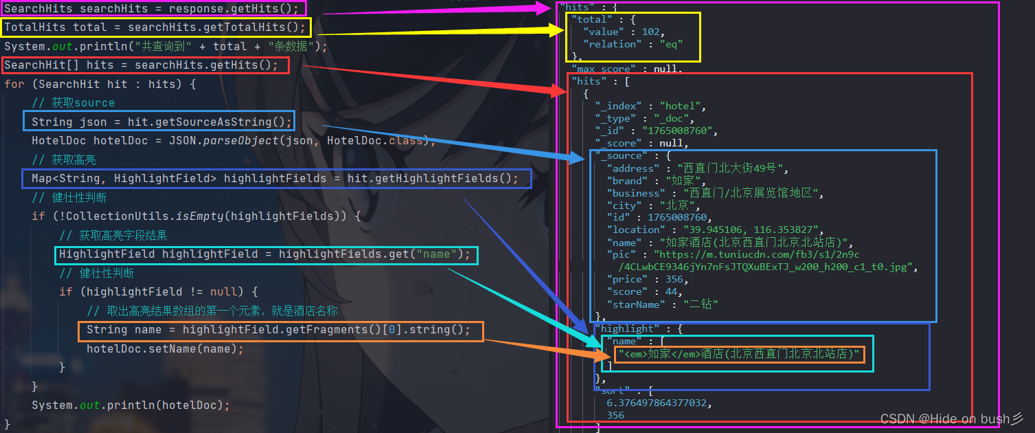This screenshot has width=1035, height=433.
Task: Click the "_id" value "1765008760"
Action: click(x=679, y=131)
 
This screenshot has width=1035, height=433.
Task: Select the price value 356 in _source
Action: click(x=676, y=279)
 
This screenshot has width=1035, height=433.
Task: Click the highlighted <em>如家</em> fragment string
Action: click(x=739, y=354)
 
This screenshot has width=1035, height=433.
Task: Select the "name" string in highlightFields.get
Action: click(x=436, y=254)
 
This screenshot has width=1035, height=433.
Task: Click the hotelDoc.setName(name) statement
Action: click(x=165, y=348)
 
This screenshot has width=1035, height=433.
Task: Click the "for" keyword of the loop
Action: click(x=14, y=84)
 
